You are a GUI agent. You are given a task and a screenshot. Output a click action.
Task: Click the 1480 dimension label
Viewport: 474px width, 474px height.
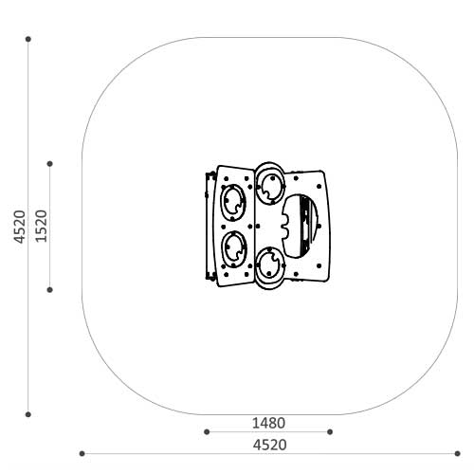point(268,423)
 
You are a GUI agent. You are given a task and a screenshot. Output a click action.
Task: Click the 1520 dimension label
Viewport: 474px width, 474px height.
point(41,227)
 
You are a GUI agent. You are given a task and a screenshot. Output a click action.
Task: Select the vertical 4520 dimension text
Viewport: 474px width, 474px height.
point(20,227)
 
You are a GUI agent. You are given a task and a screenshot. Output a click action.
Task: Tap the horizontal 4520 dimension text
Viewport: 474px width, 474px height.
point(269,445)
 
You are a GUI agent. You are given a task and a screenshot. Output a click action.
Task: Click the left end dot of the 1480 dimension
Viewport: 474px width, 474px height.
point(207,431)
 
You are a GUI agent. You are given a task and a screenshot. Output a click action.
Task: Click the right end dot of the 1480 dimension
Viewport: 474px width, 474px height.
point(330,431)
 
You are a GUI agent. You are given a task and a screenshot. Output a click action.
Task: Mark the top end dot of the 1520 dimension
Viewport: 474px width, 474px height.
point(50,164)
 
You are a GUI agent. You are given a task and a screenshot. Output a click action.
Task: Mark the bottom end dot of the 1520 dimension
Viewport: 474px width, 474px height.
point(50,290)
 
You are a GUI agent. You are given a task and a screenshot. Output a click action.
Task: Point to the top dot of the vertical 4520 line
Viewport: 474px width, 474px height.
point(28,39)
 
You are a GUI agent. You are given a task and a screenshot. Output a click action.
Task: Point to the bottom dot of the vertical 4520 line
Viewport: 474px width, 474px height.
point(28,414)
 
